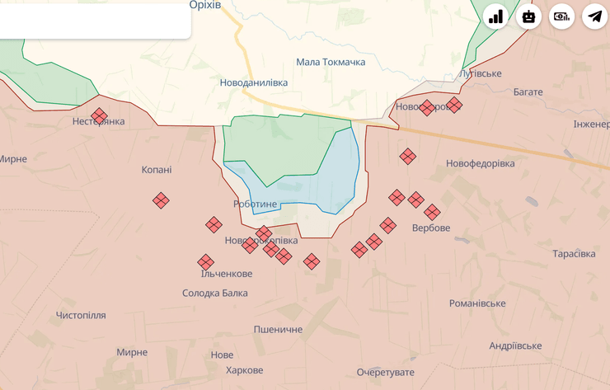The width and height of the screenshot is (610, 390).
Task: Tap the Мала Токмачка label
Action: pos(331,62)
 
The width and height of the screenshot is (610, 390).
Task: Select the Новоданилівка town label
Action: pos(253,83)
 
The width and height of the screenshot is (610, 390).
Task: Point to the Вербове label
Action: pos(431,228)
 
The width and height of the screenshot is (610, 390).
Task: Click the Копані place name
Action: pos(157,170)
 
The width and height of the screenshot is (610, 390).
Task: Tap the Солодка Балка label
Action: pos(214,293)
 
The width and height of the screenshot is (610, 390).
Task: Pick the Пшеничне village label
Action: pos(278,329)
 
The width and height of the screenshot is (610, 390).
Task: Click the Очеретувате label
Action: pos(386,373)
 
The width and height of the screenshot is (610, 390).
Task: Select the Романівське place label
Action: pos(477,303)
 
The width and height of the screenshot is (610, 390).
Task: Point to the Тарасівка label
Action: pos(574,253)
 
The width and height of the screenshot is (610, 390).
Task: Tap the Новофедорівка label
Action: pos(480,163)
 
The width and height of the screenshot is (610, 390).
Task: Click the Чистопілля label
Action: pos(81,315)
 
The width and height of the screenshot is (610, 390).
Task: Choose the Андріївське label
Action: pos(515,345)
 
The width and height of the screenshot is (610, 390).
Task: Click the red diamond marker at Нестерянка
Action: pos(100,116)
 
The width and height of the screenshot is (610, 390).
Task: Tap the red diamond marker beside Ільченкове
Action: pos(206,262)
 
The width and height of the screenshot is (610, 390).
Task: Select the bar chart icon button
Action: pos(495,16)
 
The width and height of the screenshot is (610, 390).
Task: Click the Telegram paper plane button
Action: pos(594,16)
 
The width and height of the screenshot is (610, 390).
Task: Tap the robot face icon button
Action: pos(528,16)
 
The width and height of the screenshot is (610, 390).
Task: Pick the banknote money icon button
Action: pos(561,16)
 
